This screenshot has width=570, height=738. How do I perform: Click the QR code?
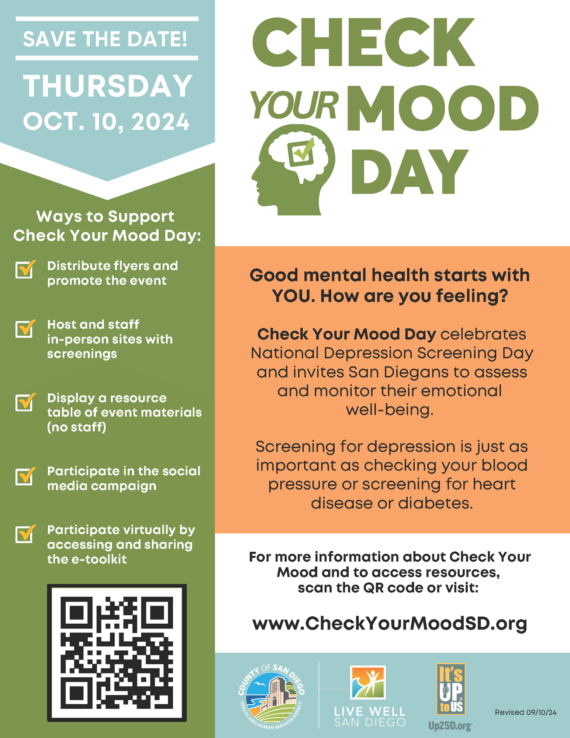tap(117, 652)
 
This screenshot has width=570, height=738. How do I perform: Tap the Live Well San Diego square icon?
tap(368, 682)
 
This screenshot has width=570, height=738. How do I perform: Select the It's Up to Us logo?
tap(450, 689)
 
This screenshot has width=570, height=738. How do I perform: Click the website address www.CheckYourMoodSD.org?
tap(390, 623)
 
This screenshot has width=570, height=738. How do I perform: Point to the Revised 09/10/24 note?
tap(525, 712)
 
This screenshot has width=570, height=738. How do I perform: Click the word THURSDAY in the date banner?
tap(107, 86)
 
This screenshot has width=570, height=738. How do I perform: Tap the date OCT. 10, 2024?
tap(106, 121)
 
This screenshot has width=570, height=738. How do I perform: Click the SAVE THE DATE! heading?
tap(105, 39)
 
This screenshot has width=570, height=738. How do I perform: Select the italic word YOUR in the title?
tap(294, 105)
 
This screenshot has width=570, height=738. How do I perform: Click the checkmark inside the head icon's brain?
tap(303, 151)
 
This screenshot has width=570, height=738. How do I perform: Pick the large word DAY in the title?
tap(409, 172)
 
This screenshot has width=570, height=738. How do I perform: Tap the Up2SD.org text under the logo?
tap(450, 726)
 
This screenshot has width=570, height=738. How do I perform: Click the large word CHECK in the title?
tap(363, 44)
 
